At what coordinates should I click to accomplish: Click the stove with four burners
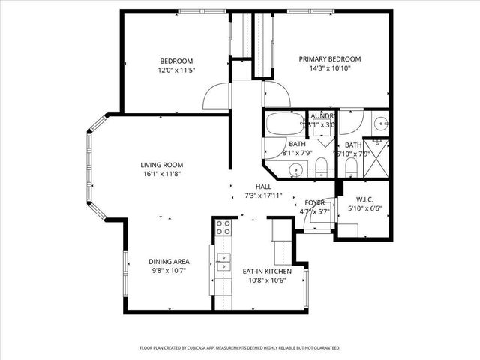pyautogui.click(x=223, y=229)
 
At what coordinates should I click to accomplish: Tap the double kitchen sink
pyautogui.click(x=223, y=262)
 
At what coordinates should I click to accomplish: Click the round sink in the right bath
pyautogui.click(x=379, y=121)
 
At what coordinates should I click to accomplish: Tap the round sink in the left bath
pyautogui.click(x=298, y=169)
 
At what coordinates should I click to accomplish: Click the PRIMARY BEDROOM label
pyautogui.click(x=330, y=59)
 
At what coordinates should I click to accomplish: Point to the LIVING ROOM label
pyautogui.click(x=161, y=165)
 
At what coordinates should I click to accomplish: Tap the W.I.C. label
pyautogui.click(x=364, y=199)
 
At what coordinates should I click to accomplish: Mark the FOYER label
pyautogui.click(x=313, y=203)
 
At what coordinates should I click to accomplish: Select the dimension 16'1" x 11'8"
pyautogui.click(x=161, y=174)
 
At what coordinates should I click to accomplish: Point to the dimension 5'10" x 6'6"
pyautogui.click(x=364, y=208)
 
